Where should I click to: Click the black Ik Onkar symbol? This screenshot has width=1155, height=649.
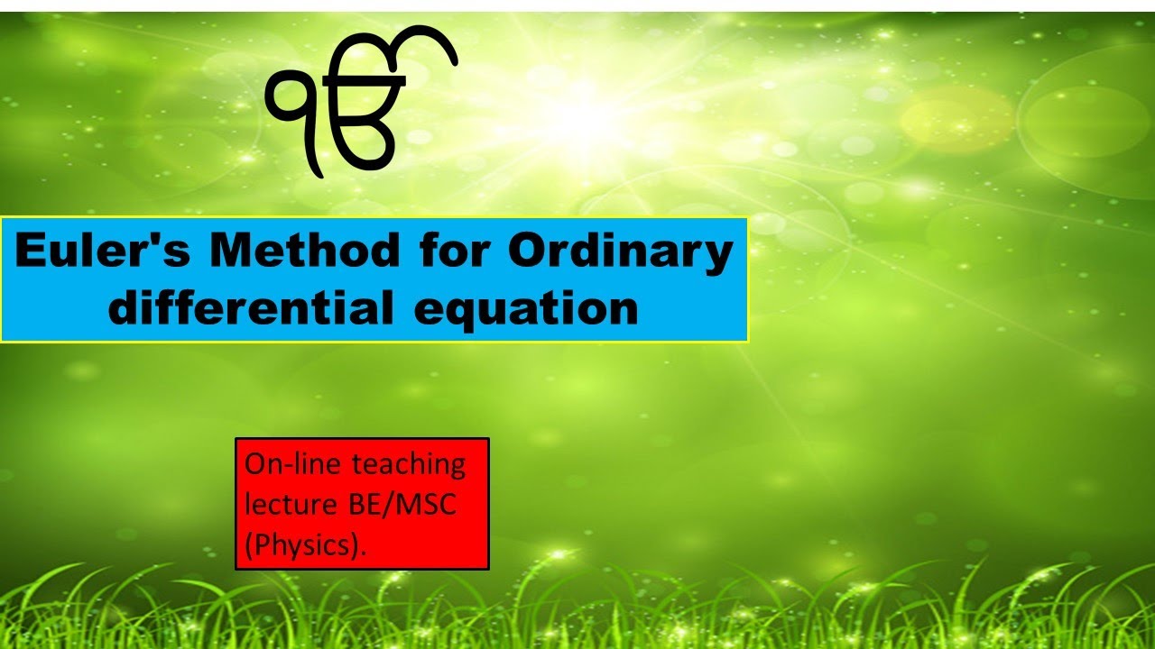click(361, 104)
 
